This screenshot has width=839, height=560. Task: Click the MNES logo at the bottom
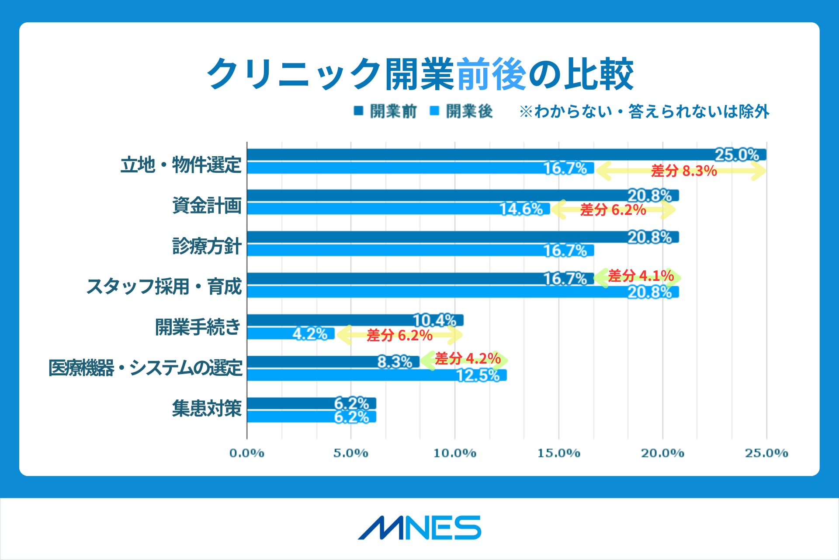point(419,528)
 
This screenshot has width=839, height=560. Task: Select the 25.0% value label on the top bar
point(736,155)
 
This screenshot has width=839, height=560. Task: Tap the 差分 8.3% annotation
point(684,171)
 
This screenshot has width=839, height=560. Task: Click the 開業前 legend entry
point(385,111)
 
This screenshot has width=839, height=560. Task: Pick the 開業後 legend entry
point(461,111)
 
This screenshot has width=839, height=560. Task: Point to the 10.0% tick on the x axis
point(454,453)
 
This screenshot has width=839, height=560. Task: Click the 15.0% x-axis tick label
point(558,453)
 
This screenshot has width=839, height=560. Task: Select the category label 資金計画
point(207,205)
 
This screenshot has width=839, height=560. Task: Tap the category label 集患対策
point(207,408)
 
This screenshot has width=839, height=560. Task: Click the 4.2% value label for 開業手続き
point(310,334)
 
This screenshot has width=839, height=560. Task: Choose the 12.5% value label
point(478,375)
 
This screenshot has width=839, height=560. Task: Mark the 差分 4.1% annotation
point(641,276)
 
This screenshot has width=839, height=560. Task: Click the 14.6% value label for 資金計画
point(521,209)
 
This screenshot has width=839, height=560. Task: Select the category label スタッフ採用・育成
point(164,287)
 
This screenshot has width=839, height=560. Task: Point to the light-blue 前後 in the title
point(492,74)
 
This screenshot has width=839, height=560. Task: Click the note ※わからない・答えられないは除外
point(644,112)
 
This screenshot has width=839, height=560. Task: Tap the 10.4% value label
point(434,320)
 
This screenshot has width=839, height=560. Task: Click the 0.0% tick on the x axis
point(247,453)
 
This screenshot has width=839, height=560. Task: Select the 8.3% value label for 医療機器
point(395,362)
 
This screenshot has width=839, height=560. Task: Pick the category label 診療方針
point(207,246)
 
